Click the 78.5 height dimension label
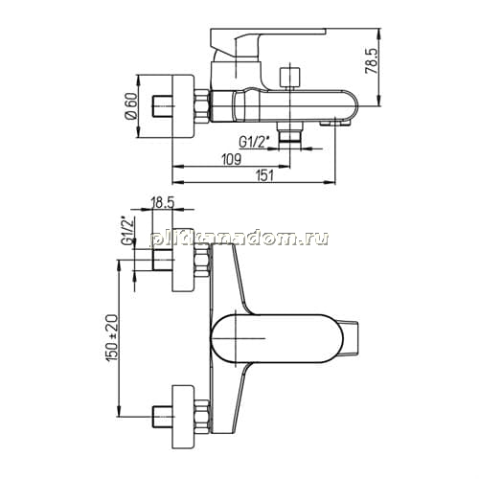(x=372, y=61)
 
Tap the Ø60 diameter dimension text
(x=131, y=106)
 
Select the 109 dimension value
(x=232, y=159)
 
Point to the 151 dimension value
(x=265, y=175)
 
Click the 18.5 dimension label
(x=162, y=202)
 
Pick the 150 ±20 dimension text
(x=112, y=338)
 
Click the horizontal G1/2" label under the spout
(x=252, y=143)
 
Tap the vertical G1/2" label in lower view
(x=127, y=231)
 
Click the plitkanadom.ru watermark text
(x=239, y=239)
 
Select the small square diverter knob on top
(x=290, y=77)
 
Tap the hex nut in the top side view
(x=201, y=106)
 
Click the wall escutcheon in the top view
(x=183, y=106)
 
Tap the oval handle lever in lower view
(x=277, y=338)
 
